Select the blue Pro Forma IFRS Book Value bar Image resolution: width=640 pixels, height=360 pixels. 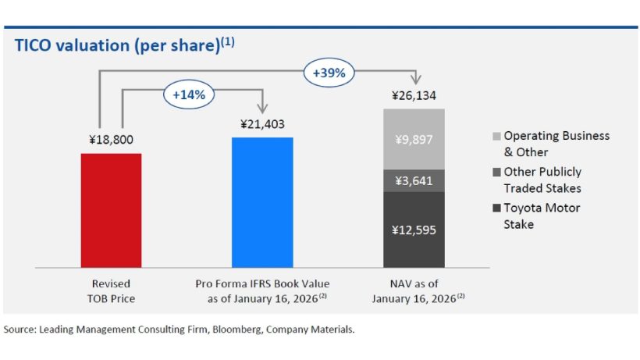pyautogui.click(x=262, y=203)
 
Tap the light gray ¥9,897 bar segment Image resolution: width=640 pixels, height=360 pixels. pyautogui.click(x=414, y=139)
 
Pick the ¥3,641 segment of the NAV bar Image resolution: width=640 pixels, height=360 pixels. pyautogui.click(x=414, y=180)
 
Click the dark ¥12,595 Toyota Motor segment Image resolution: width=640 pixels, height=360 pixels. pyautogui.click(x=414, y=230)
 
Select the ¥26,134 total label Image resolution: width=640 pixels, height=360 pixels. pyautogui.click(x=414, y=97)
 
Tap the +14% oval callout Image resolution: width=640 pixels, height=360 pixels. pyautogui.click(x=188, y=94)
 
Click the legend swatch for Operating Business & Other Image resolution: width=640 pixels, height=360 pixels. pyautogui.click(x=496, y=136)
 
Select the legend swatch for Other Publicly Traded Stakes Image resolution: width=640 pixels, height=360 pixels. pyautogui.click(x=496, y=172)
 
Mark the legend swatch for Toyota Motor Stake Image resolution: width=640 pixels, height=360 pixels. pyautogui.click(x=496, y=209)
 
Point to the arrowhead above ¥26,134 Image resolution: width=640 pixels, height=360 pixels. pyautogui.click(x=414, y=80)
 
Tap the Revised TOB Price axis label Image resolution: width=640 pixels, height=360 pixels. pyautogui.click(x=112, y=290)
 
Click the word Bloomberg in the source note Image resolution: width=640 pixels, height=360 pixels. pyautogui.click(x=232, y=330)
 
